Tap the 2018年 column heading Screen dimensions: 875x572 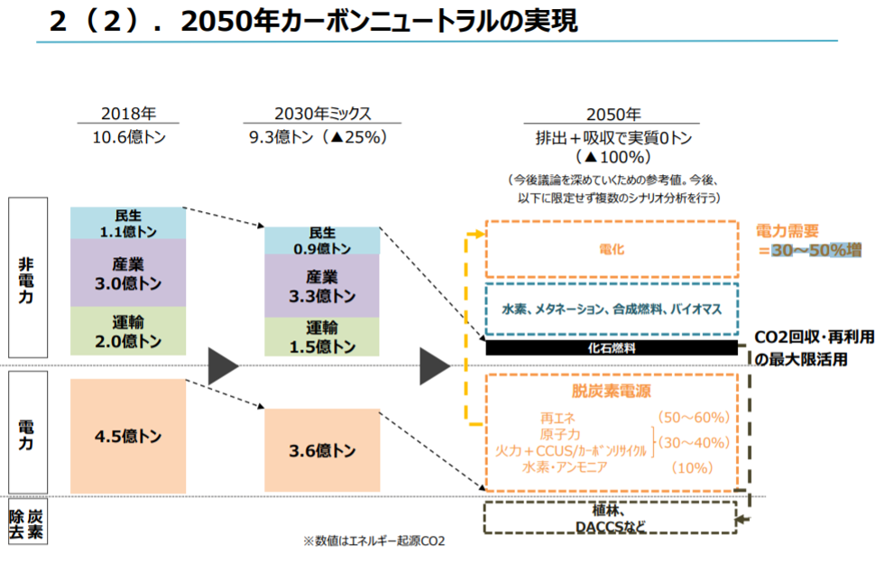[x=128, y=114]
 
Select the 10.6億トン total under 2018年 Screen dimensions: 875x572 [x=129, y=137]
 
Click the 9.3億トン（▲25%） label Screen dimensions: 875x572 [x=318, y=137]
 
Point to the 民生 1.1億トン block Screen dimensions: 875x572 [x=128, y=223]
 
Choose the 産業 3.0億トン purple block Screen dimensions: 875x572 [x=128, y=272]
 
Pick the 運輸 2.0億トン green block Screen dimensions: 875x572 [x=128, y=331]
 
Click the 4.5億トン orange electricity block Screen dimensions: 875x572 [x=128, y=436]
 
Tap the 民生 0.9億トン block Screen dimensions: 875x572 [x=322, y=241]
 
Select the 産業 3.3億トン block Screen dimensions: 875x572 [x=322, y=286]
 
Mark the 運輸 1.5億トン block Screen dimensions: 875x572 [x=322, y=337]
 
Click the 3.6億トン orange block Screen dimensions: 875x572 [x=322, y=450]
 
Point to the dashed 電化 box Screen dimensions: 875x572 [x=612, y=249]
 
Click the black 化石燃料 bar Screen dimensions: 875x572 [x=612, y=347]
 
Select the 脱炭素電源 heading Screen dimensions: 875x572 [x=611, y=391]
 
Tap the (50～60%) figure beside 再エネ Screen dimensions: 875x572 [x=693, y=417]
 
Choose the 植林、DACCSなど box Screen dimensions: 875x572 [x=610, y=517]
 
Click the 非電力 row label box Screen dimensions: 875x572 [x=28, y=277]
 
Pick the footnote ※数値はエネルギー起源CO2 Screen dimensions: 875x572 [x=373, y=540]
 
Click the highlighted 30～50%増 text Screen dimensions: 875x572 [x=816, y=250]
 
